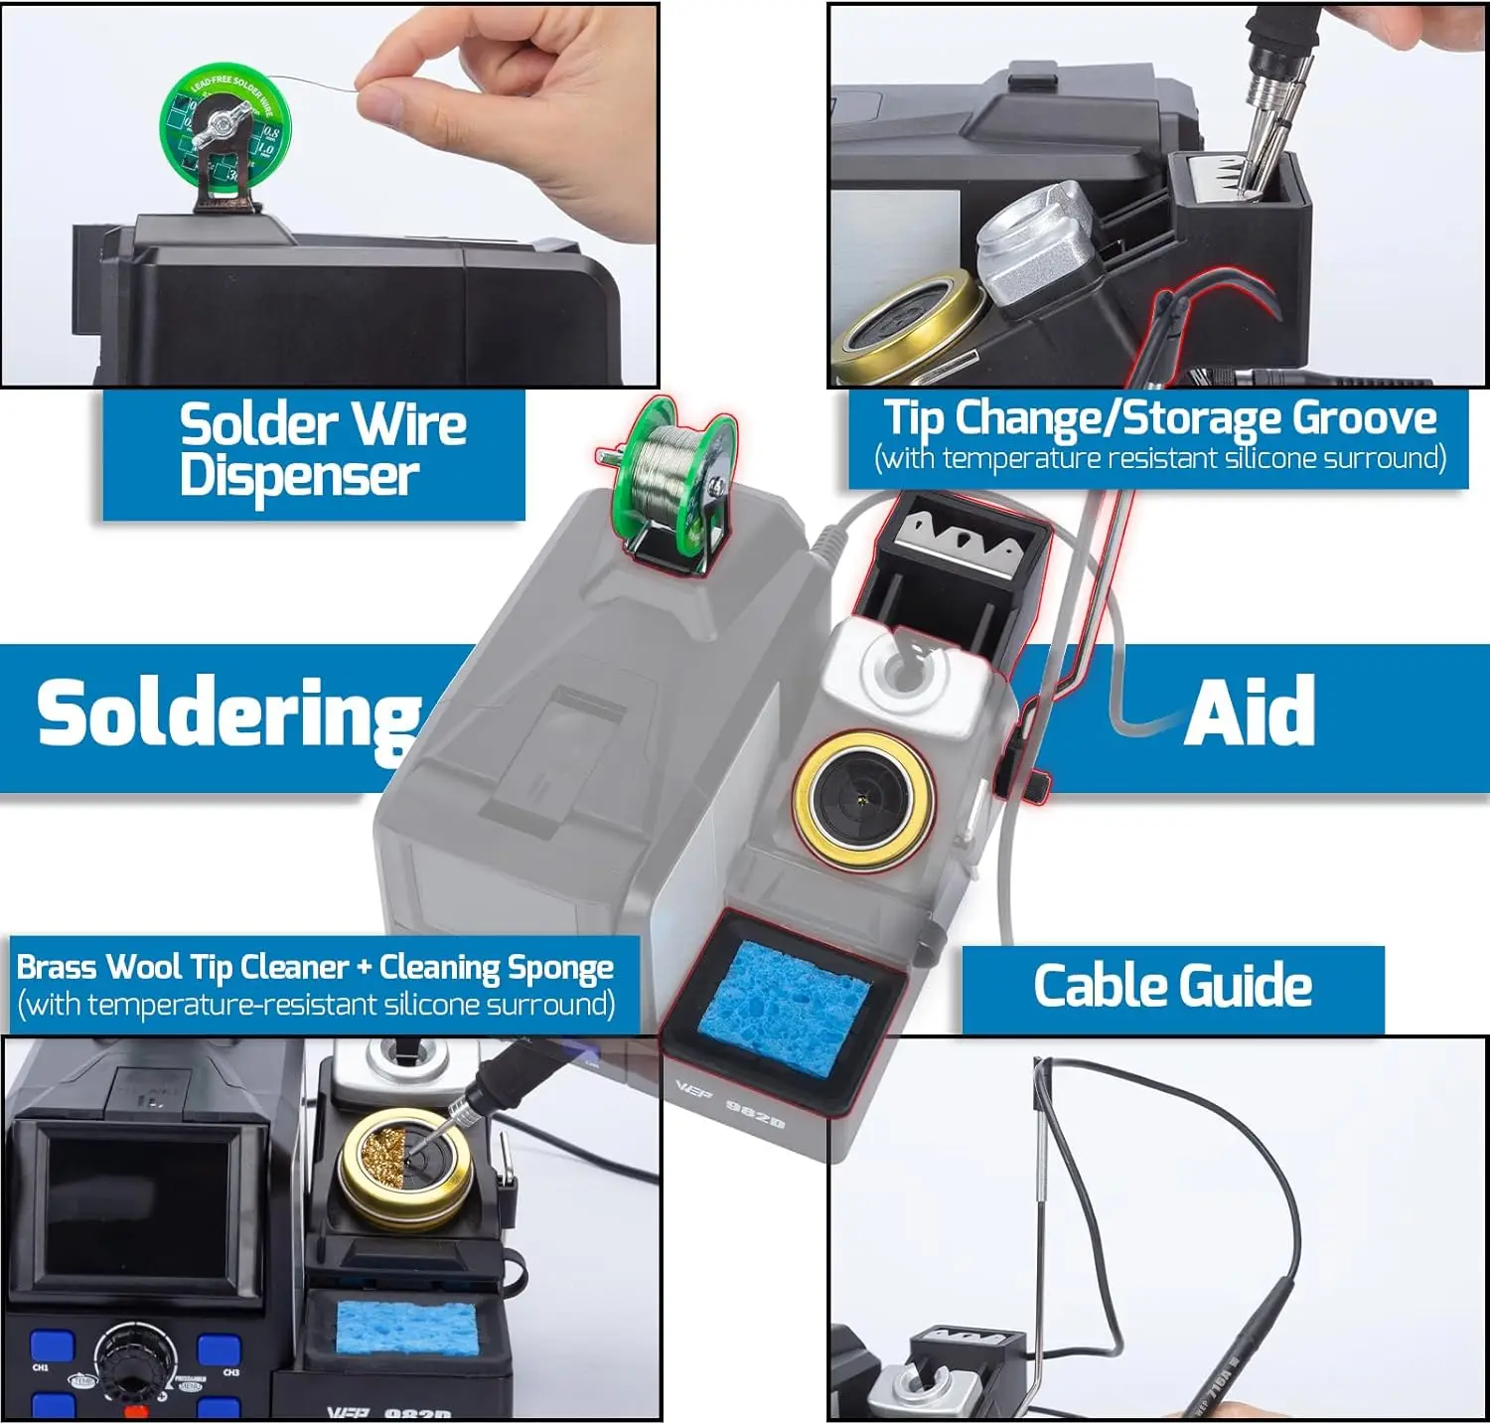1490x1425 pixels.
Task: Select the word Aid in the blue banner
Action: click(1250, 713)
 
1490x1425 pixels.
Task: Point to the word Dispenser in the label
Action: click(299, 476)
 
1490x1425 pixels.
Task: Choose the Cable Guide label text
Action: click(1172, 986)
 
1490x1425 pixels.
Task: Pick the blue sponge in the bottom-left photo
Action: click(406, 1328)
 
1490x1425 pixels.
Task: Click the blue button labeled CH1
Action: click(52, 1346)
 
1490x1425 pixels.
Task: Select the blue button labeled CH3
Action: click(220, 1349)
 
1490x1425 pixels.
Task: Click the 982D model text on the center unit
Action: click(755, 1114)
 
